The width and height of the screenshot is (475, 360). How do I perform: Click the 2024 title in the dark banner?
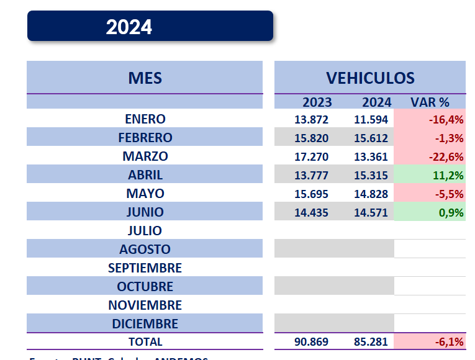tap(129, 27)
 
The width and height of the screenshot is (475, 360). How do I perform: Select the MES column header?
tap(145, 78)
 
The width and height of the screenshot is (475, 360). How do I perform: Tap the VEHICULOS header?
tap(370, 78)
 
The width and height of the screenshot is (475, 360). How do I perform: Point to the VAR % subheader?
tap(430, 102)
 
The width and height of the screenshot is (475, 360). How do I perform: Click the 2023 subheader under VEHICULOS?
tap(317, 102)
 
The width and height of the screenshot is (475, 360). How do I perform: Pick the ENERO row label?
tap(145, 119)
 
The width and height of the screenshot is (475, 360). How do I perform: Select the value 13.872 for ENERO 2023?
tap(311, 119)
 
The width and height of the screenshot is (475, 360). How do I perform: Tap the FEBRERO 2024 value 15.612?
tap(371, 138)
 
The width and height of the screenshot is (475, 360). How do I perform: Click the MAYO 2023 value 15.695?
tap(311, 194)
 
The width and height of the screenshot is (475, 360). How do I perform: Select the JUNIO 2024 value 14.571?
tap(371, 212)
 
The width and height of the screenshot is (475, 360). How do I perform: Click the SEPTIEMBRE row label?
tap(145, 268)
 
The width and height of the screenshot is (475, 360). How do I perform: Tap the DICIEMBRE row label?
tap(145, 324)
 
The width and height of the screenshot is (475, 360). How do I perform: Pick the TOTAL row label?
tap(145, 342)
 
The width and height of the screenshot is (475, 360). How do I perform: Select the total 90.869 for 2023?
tap(311, 342)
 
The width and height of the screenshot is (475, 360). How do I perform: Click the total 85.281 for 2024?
tap(371, 342)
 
